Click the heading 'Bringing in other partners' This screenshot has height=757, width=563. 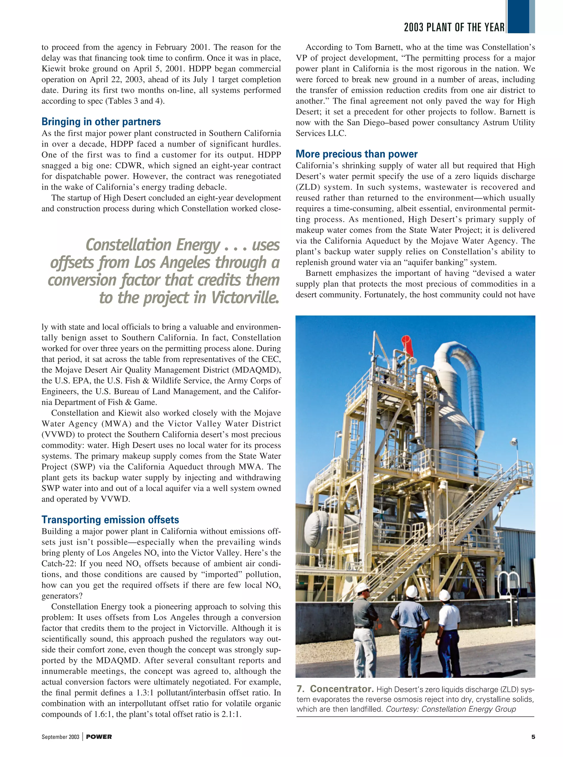pyautogui.click(x=101, y=122)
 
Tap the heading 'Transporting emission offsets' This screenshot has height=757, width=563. pyautogui.click(x=110, y=520)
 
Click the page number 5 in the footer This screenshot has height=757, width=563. pyautogui.click(x=533, y=737)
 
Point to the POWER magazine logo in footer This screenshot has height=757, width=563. pyautogui.click(x=99, y=737)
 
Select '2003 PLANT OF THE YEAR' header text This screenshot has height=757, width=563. pyautogui.click(x=454, y=27)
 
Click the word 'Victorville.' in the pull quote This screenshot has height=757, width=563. pyautogui.click(x=245, y=298)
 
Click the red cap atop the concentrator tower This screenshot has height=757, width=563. pyautogui.click(x=405, y=342)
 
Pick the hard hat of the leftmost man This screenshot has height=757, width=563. pyautogui.click(x=362, y=587)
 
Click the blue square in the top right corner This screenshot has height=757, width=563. pyautogui.click(x=520, y=17)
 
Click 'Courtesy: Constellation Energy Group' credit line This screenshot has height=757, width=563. pyautogui.click(x=451, y=709)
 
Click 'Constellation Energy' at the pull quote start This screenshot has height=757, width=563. pyautogui.click(x=153, y=245)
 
